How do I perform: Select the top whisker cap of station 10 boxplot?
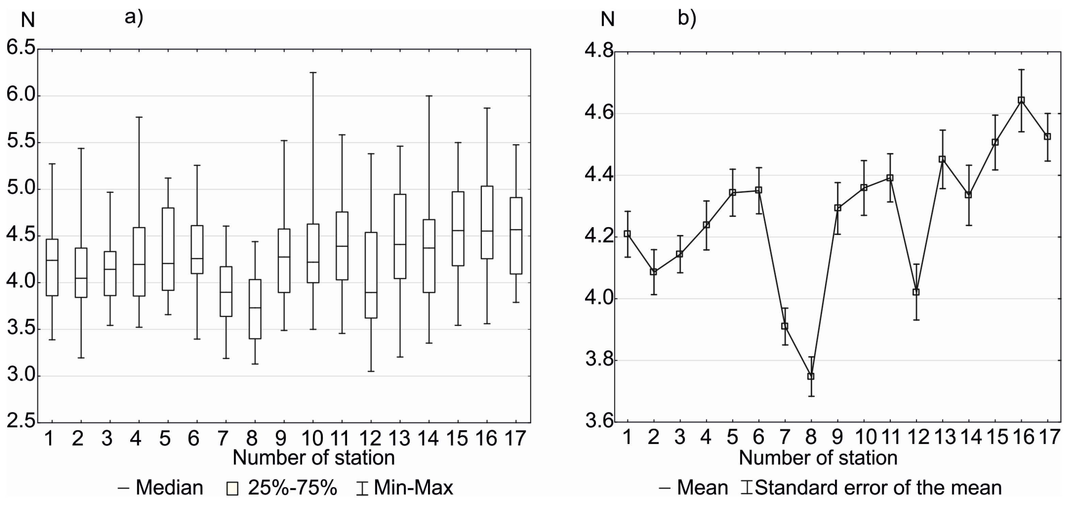coord(313,73)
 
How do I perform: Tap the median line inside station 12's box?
coord(371,292)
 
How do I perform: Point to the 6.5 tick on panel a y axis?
coord(21,49)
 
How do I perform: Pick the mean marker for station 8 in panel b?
coord(810,376)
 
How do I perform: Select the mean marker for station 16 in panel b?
coord(1021,100)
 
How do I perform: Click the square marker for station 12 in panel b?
coord(916,292)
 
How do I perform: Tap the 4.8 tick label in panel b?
coord(599,52)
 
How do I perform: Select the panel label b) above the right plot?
coord(687,18)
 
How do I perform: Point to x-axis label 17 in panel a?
coord(515,438)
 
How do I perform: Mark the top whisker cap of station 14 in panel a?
coord(429,96)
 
